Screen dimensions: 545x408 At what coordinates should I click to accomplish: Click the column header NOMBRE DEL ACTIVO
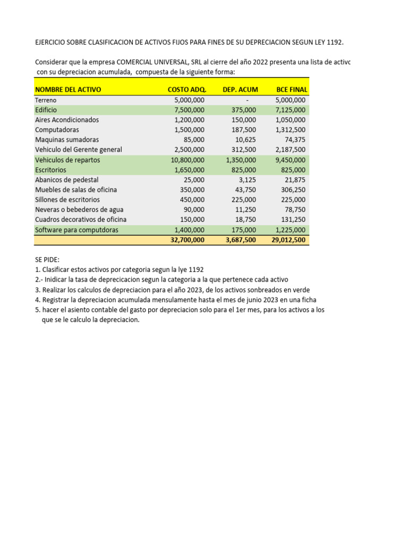coord(68,89)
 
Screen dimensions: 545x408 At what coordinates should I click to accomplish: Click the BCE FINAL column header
coord(292,89)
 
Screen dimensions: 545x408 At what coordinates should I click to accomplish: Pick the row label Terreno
coord(46,100)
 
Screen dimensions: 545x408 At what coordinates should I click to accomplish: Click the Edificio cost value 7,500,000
coord(189,110)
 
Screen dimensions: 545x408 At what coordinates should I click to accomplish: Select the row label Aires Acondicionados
coord(67,120)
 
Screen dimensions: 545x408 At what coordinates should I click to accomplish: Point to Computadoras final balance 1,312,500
coord(291,130)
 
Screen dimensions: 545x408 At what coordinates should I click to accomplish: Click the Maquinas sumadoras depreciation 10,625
coord(245,139)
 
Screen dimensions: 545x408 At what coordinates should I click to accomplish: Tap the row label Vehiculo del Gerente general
coord(79,150)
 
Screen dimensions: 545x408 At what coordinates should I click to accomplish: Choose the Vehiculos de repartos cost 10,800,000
coord(187,160)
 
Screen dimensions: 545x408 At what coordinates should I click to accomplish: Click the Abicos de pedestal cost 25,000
coord(194,180)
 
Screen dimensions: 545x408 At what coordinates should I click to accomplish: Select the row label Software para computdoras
coord(76,230)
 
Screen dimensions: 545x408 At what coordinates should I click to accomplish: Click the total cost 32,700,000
coord(187,240)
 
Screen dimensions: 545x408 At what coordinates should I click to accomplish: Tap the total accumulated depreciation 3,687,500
coord(241,240)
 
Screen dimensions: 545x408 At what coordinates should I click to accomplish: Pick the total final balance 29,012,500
coord(288,240)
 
